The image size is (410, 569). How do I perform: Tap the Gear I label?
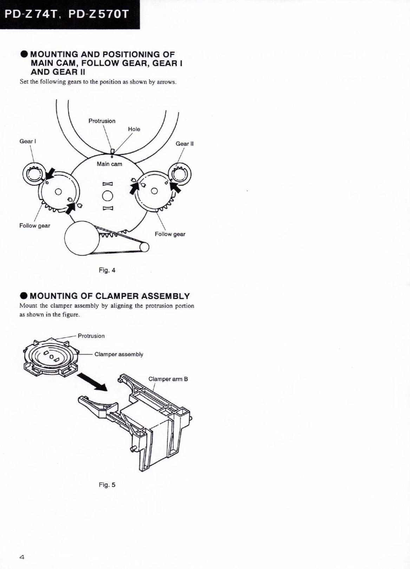pyautogui.click(x=27, y=141)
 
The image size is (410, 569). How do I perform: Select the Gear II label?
pyautogui.click(x=184, y=143)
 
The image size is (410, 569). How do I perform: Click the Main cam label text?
pyautogui.click(x=109, y=164)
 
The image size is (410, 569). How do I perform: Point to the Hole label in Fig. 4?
pyautogui.click(x=134, y=129)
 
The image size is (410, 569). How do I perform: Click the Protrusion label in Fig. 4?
pyautogui.click(x=102, y=121)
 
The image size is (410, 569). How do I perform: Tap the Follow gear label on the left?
pyautogui.click(x=34, y=226)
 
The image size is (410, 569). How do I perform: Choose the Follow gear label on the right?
pyautogui.click(x=170, y=234)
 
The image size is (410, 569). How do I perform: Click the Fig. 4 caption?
pyautogui.click(x=107, y=270)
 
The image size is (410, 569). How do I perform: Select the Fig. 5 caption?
pyautogui.click(x=107, y=485)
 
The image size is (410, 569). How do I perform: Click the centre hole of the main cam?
pyautogui.click(x=107, y=196)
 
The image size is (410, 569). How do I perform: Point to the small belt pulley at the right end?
pyautogui.click(x=144, y=248)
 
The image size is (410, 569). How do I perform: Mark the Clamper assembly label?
pyautogui.click(x=119, y=354)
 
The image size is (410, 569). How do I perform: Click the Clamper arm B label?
pyautogui.click(x=168, y=379)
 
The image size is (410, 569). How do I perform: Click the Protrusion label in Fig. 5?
pyautogui.click(x=91, y=336)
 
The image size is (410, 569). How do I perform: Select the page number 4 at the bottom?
pyautogui.click(x=21, y=557)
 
